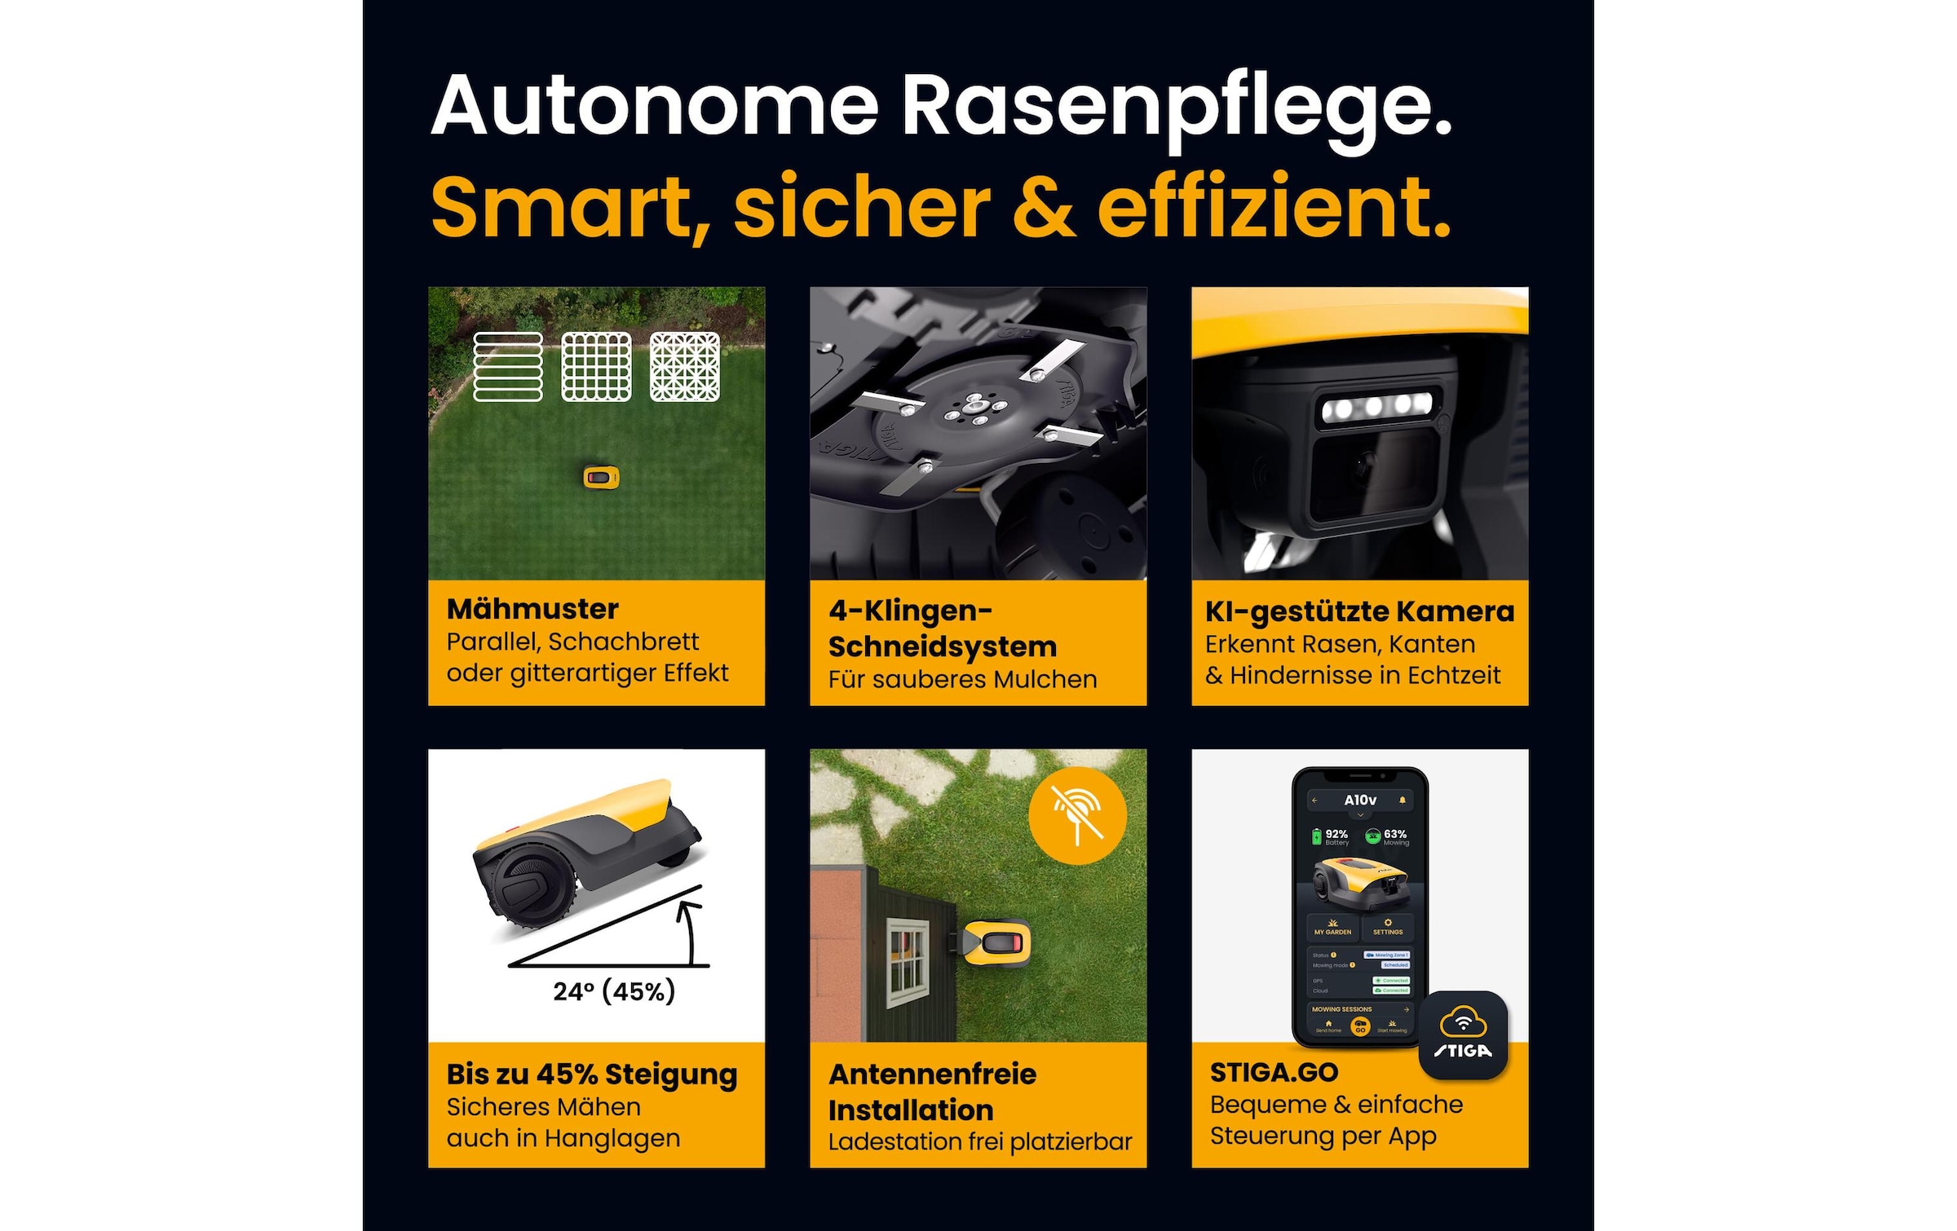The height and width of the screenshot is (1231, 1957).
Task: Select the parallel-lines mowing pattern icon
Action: point(508,367)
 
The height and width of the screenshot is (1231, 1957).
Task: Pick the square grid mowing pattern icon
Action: point(596,367)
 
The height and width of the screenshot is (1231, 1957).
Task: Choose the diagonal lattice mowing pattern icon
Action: point(685,367)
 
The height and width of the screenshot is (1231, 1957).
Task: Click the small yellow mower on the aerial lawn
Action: point(601,477)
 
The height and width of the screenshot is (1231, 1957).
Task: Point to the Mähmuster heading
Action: point(532,609)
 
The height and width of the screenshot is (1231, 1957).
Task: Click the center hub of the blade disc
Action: point(974,405)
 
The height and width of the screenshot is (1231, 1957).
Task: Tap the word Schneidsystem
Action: point(943,646)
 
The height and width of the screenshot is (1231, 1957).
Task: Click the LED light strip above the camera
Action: point(1376,405)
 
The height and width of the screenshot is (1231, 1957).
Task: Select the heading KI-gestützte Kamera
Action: point(1359,611)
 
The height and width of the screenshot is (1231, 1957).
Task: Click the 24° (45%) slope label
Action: point(614,991)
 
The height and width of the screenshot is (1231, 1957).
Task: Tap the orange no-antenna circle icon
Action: point(1077,815)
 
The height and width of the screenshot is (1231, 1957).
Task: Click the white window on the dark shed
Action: point(907,964)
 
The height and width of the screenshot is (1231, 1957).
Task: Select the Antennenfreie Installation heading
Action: point(932,1092)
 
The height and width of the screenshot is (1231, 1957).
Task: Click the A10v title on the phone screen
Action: point(1359,801)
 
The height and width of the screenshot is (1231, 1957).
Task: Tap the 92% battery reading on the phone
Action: point(1335,835)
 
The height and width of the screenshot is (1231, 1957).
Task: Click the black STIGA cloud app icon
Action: point(1463,1035)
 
